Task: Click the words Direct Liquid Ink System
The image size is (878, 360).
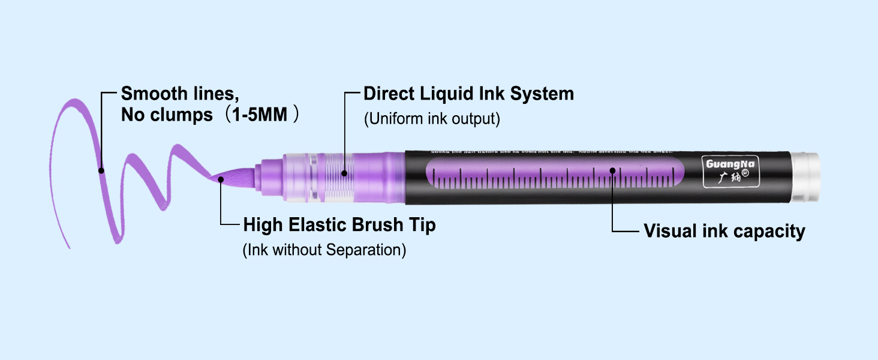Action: pyautogui.click(x=468, y=94)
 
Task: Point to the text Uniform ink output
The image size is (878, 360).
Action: pyautogui.click(x=432, y=119)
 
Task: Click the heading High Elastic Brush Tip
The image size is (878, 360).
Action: pyautogui.click(x=339, y=225)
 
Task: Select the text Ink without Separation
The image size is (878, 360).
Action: pyautogui.click(x=324, y=250)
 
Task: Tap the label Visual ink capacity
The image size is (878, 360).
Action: pyautogui.click(x=724, y=231)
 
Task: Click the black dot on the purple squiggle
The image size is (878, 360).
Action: pyautogui.click(x=101, y=170)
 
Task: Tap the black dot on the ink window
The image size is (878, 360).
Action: pyautogui.click(x=612, y=170)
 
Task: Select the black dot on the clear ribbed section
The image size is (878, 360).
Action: pyautogui.click(x=345, y=174)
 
